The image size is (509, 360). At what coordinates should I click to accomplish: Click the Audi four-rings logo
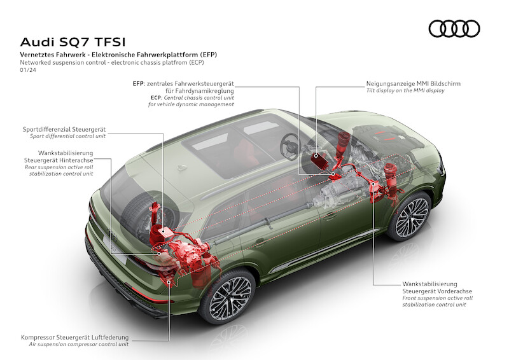[x=454, y=29]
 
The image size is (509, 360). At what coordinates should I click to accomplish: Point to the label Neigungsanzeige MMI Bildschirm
[x=413, y=83]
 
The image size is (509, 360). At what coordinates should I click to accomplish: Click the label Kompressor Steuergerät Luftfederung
[x=74, y=336]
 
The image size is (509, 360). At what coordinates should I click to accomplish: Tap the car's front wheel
[x=408, y=217]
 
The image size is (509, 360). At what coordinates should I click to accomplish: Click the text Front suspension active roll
[x=437, y=297]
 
